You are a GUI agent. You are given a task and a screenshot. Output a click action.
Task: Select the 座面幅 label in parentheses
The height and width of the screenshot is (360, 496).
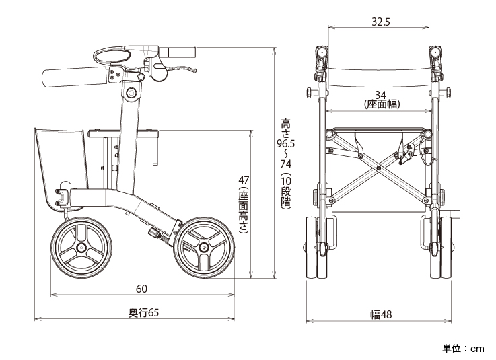[x=380, y=104]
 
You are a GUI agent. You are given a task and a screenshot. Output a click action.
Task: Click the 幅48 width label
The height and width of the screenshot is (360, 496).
[x=380, y=314]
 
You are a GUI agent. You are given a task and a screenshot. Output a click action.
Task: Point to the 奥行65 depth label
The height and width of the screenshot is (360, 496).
[x=143, y=313]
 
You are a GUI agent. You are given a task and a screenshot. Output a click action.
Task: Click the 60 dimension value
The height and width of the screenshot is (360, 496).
[x=141, y=289]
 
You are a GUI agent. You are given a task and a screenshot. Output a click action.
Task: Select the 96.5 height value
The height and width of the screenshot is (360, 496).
[x=285, y=143]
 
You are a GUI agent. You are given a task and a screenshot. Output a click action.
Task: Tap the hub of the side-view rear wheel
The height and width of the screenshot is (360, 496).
[x=81, y=248]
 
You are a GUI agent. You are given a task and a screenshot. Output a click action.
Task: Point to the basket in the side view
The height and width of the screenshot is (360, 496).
[x=62, y=161]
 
